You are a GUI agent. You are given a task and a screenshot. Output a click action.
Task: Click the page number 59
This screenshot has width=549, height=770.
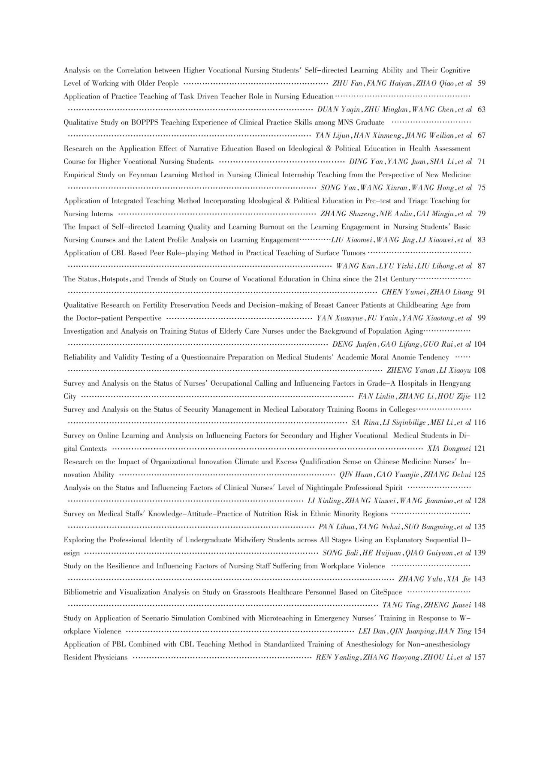(x=481, y=83)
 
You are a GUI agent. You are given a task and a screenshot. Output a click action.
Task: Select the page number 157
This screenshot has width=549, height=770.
(x=480, y=657)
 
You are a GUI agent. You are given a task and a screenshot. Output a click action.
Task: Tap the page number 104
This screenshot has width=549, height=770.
(x=480, y=344)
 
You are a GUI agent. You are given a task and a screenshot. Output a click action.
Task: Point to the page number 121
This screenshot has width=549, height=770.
(x=480, y=449)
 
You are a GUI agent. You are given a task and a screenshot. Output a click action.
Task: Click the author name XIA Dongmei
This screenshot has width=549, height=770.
(x=449, y=449)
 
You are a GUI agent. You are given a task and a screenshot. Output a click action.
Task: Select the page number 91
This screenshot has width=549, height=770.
(x=481, y=292)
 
